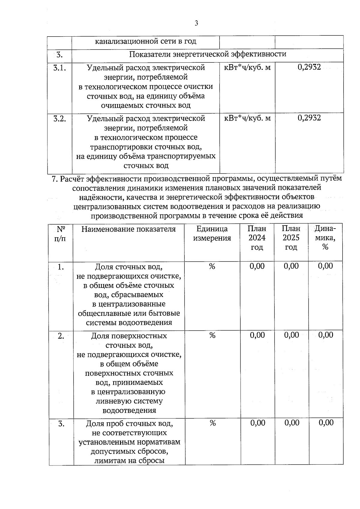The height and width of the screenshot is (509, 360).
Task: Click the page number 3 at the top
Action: click(196, 23)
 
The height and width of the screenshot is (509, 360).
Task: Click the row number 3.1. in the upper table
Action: click(60, 68)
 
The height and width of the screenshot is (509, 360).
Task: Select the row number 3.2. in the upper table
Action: click(60, 119)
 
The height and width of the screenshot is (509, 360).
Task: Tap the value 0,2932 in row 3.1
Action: click(309, 67)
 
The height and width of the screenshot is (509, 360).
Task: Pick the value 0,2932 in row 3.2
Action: click(309, 118)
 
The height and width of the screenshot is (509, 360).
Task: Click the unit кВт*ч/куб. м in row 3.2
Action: click(247, 118)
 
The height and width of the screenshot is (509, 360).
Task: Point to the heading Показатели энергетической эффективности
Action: click(208, 54)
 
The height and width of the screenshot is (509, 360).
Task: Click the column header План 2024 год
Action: click(257, 238)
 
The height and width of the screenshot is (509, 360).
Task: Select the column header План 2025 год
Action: click(291, 238)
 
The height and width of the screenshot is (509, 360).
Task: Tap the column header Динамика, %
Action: click(325, 238)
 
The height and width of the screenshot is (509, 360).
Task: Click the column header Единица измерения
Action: click(212, 234)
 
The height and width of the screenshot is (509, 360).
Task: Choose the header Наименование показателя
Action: click(128, 229)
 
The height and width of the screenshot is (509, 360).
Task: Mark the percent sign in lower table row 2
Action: click(212, 335)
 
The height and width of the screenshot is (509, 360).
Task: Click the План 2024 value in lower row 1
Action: click(257, 266)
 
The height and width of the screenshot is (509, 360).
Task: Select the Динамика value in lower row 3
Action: click(326, 423)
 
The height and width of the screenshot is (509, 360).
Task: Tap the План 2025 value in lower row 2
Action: click(292, 335)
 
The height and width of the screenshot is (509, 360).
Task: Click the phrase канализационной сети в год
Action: click(145, 41)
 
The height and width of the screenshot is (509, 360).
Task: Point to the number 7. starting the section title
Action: click(55, 179)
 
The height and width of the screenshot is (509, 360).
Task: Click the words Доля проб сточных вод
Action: click(129, 424)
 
